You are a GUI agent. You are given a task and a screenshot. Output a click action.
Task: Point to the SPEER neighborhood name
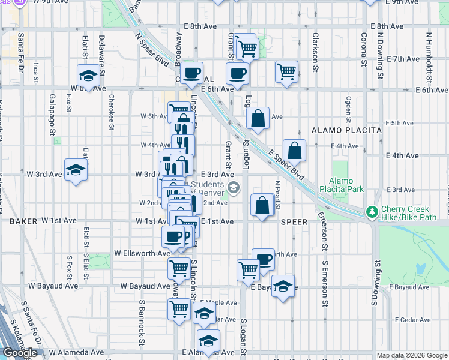pyautogui.click(x=294, y=221)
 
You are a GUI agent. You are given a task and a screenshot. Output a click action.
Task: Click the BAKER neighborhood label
pyautogui.click(x=23, y=221)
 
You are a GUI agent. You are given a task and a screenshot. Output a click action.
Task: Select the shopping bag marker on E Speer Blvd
pyautogui.click(x=294, y=151)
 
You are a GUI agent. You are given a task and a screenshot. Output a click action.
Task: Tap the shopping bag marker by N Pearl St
pyautogui.click(x=262, y=205)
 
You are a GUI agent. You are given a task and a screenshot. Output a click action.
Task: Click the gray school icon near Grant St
pyautogui.click(x=233, y=188)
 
